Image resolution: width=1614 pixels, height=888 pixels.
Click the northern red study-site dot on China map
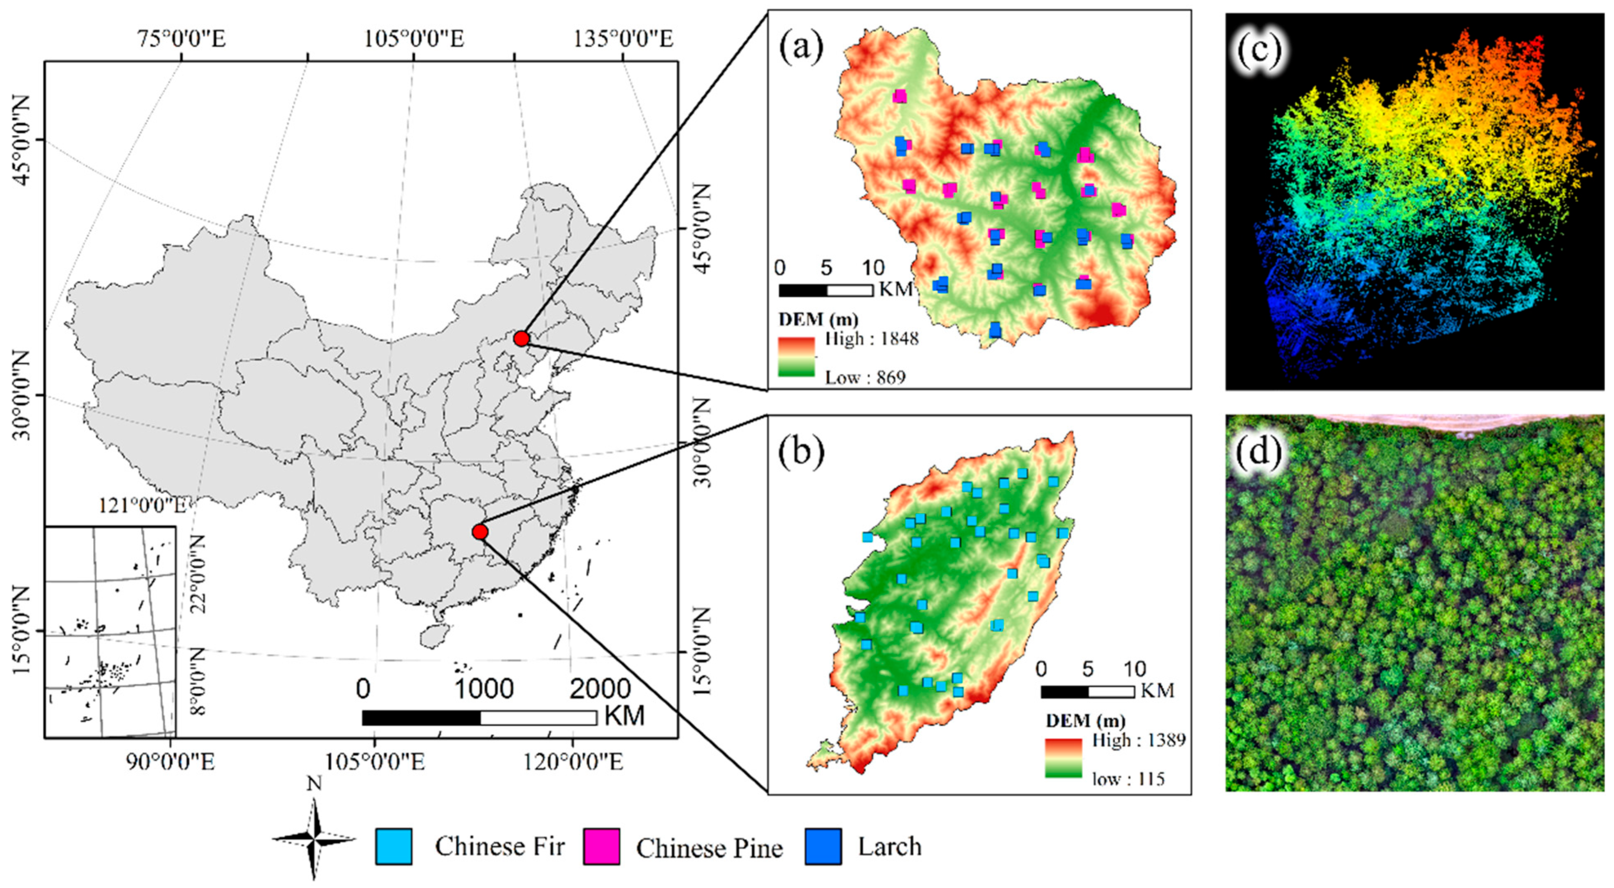point(521,338)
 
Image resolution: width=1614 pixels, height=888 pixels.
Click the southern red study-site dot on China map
point(480,532)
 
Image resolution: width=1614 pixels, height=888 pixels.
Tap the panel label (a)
point(801,49)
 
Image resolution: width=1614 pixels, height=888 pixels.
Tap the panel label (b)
point(801,454)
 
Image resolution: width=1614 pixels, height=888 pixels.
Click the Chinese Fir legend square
point(394,847)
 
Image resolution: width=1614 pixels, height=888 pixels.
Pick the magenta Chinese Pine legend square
point(602,847)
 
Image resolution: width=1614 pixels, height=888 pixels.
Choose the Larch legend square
point(823,847)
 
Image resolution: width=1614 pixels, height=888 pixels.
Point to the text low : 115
point(1128,779)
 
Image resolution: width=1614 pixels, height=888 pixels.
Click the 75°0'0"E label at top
point(182,39)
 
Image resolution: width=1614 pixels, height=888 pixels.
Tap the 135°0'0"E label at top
point(624,39)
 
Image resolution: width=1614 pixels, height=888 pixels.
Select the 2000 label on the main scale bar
point(599,689)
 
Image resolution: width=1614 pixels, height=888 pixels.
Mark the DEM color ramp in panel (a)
point(796,357)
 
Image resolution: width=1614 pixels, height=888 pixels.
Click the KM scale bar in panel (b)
point(1088,692)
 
